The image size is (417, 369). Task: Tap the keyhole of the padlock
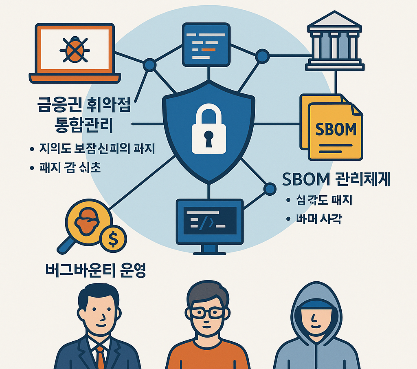(x=208, y=138)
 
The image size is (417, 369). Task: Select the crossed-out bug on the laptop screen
(x=75, y=49)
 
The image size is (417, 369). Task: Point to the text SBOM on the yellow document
(x=336, y=129)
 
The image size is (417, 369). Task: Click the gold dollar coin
(x=113, y=239)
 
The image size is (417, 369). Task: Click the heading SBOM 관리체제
(x=336, y=179)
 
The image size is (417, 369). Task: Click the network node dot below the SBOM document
(x=269, y=188)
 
